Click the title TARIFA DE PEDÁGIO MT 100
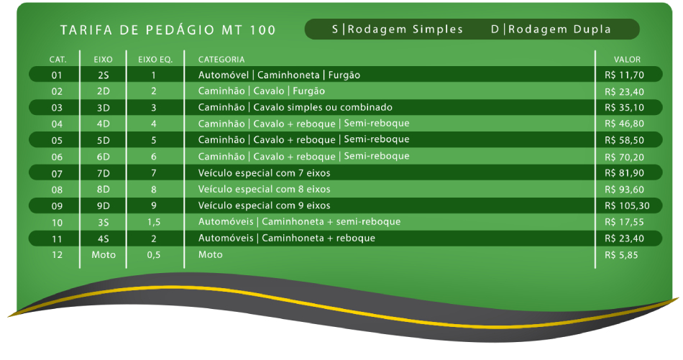coord(168,30)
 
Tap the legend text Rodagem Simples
coord(405,29)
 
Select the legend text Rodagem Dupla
coord(559,29)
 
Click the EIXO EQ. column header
coord(155,60)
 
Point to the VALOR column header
coord(627,60)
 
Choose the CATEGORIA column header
coord(221,60)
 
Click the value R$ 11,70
coord(624,75)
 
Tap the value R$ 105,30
coord(627,206)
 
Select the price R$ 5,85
coord(621,255)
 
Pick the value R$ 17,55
coord(624,222)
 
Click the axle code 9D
coord(104,206)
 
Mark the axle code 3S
coord(104,223)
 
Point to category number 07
coord(57,174)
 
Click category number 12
coord(57,254)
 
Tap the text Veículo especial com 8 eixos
coord(264,190)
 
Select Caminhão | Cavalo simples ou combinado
coord(295,107)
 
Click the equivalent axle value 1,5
coord(154,222)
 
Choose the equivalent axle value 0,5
coord(154,254)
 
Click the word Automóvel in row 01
coord(224,75)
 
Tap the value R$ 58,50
coord(624,140)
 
